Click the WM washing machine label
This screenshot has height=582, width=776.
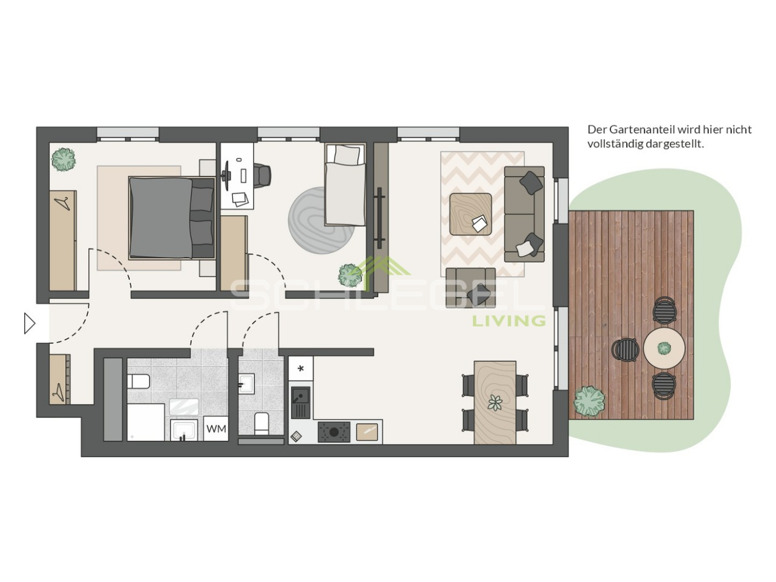click(216, 429)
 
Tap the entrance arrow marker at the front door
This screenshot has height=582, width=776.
click(30, 323)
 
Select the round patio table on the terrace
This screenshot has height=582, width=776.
click(664, 348)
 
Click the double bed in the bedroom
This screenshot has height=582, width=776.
click(171, 217)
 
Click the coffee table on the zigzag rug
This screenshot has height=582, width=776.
click(470, 214)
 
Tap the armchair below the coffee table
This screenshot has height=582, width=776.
click(470, 287)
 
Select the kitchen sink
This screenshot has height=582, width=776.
click(300, 402)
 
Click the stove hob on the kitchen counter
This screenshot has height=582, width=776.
click(334, 432)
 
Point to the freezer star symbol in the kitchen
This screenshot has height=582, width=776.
click(300, 369)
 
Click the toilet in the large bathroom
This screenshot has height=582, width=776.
click(138, 381)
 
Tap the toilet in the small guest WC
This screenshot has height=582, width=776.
click(261, 423)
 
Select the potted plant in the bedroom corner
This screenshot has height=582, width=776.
click(63, 160)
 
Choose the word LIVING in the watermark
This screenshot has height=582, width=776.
click(509, 321)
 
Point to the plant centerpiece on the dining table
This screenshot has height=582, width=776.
click(495, 402)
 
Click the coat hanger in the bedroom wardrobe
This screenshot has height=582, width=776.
click(63, 203)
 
